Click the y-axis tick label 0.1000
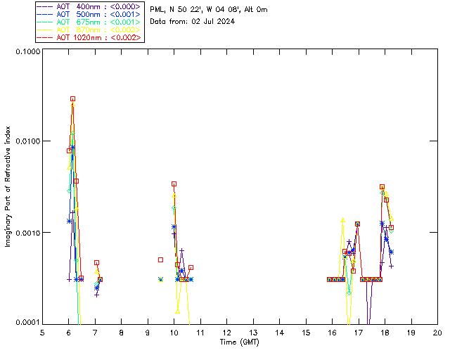[27, 52]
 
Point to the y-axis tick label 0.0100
[27, 141]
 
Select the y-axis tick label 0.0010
[27, 232]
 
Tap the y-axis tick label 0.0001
[27, 322]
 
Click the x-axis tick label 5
[42, 331]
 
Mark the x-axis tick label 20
[437, 331]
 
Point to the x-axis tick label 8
[122, 331]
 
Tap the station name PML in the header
[157, 10]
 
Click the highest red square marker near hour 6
[72, 99]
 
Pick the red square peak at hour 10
[174, 184]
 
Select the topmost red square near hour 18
[382, 187]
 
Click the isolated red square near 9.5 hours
[160, 259]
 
